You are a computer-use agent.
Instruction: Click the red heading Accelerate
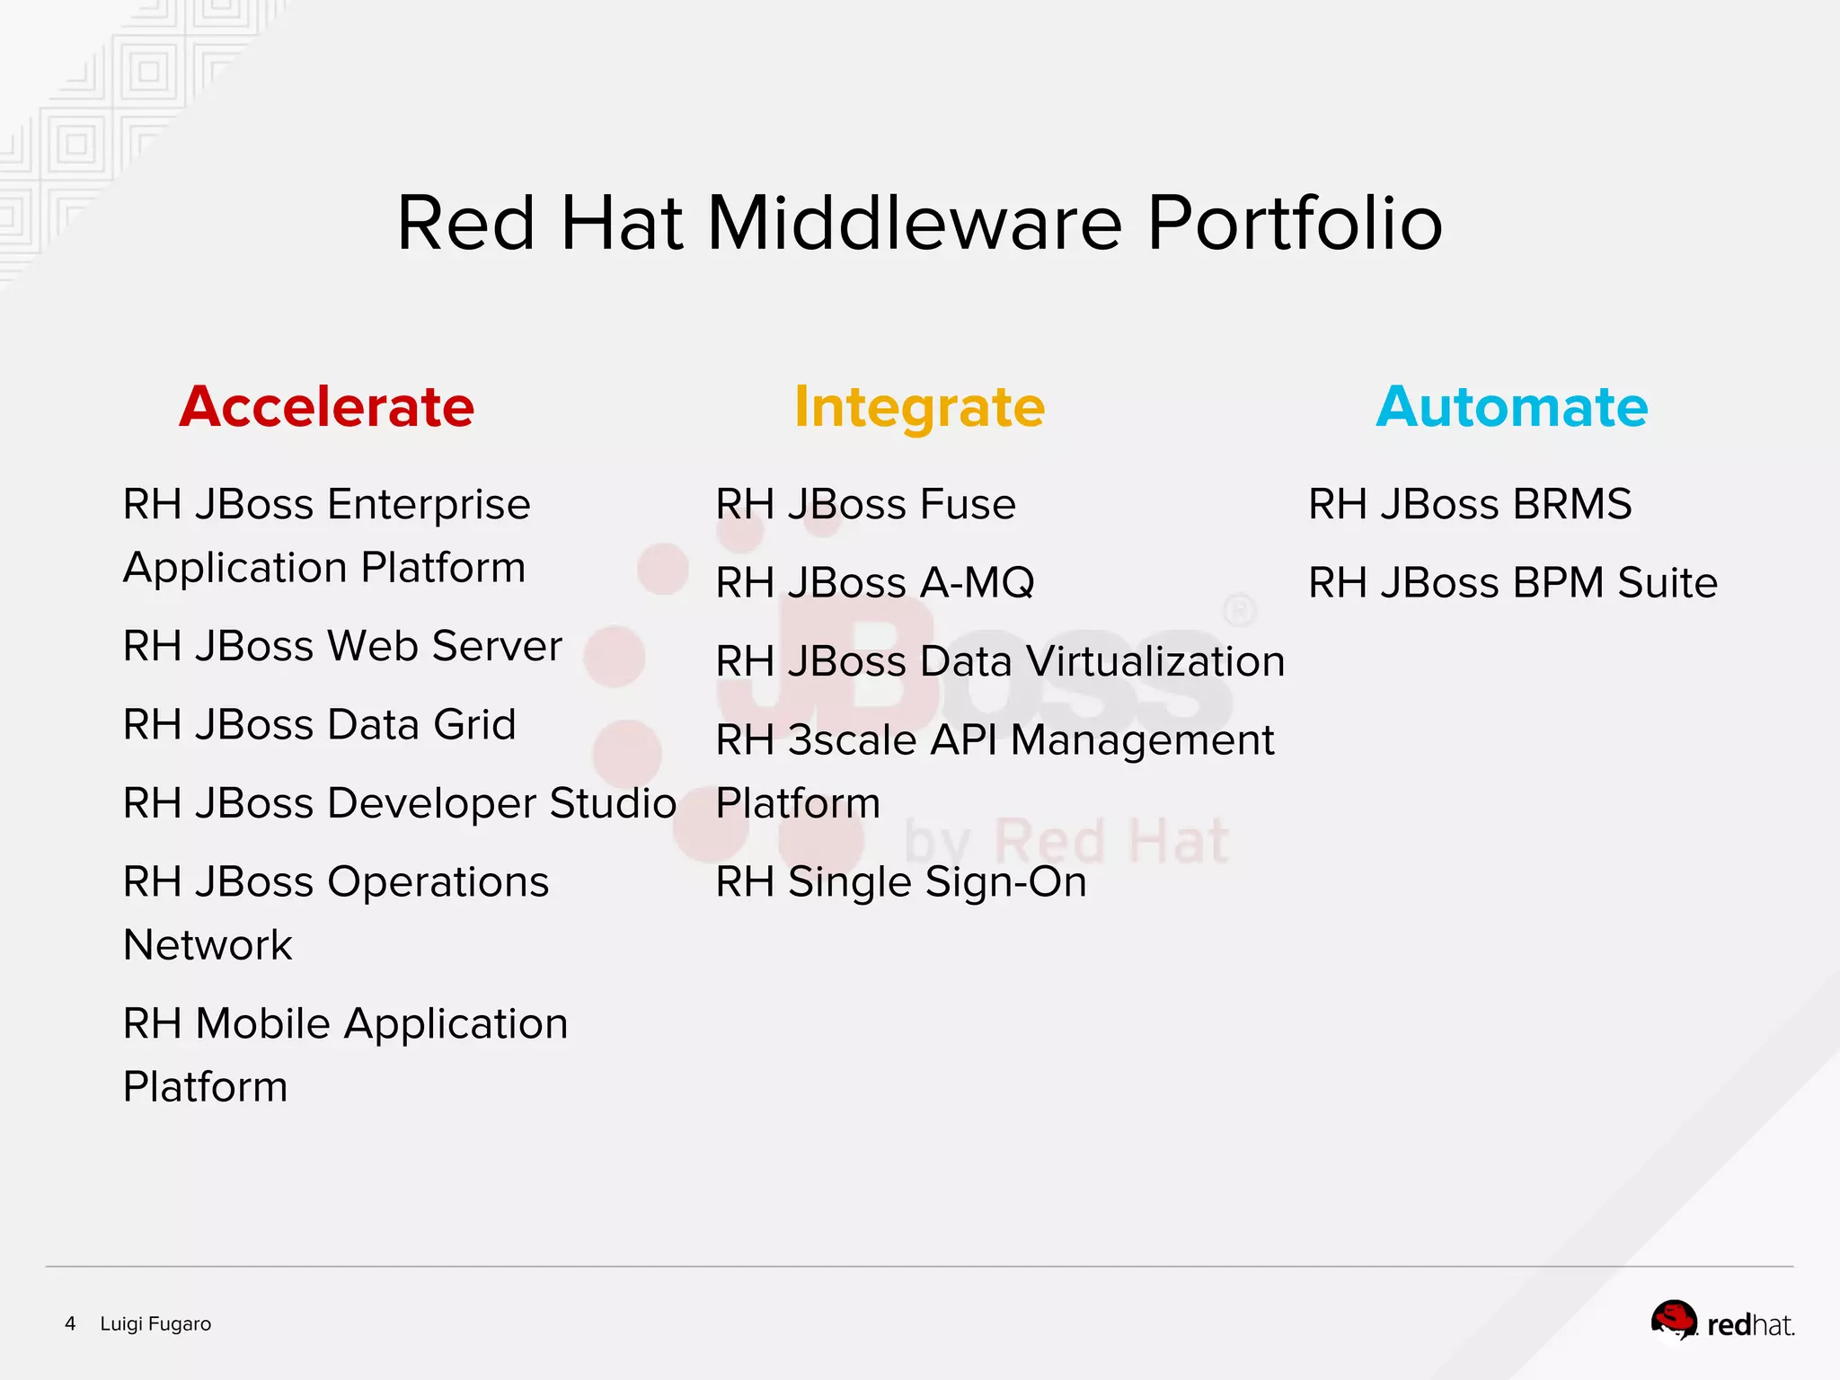pos(326,407)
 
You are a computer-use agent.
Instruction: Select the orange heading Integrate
pos(919,407)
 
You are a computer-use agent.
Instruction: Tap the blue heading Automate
pos(1512,407)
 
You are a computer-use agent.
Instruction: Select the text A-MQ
pos(977,583)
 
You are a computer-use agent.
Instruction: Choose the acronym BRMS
pos(1572,504)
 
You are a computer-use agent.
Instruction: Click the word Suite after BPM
pos(1667,583)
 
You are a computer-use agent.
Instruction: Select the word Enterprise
pos(429,505)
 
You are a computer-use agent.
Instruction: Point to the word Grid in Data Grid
pos(474,724)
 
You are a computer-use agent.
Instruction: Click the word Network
pos(208,945)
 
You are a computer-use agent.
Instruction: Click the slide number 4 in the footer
pos(70,1323)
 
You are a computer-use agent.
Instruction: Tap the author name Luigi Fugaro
pos(155,1323)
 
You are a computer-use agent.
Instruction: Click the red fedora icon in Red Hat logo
pos(1673,1320)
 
